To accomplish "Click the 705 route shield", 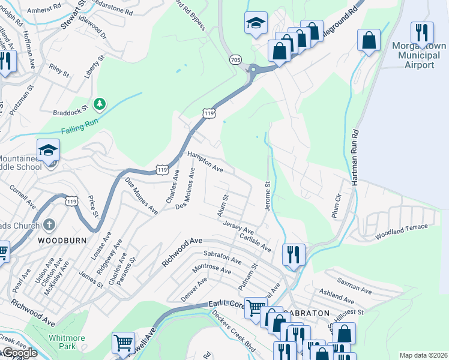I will pos(235,59).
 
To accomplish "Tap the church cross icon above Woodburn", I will pos(49,226).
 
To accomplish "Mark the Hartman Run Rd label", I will pos(355,156).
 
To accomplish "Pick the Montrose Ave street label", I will pos(211,268).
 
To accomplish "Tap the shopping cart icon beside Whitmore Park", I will pos(123,343).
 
